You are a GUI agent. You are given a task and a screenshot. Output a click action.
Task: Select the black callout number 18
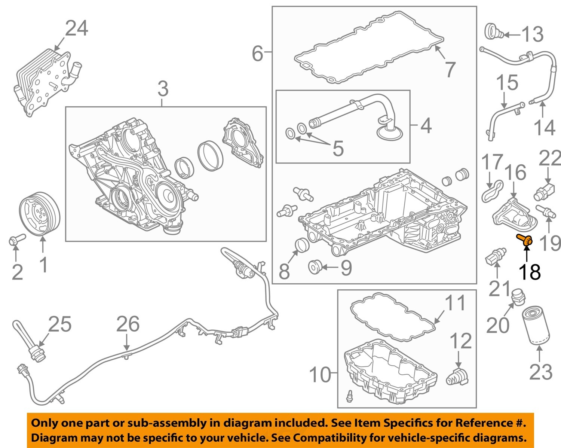point(529,272)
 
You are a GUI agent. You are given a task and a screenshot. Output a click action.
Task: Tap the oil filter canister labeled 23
point(536,325)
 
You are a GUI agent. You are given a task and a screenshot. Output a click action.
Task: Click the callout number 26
point(128,324)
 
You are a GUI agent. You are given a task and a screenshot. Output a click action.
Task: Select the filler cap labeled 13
point(494,31)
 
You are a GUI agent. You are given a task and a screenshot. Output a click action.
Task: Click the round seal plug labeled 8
point(302,244)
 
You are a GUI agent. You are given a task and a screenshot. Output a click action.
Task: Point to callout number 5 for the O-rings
point(338,149)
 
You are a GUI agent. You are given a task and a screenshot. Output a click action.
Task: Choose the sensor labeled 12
point(457,377)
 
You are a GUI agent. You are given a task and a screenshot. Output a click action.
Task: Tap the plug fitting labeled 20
point(518,297)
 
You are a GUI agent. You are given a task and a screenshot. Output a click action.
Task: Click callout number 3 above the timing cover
point(163,89)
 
